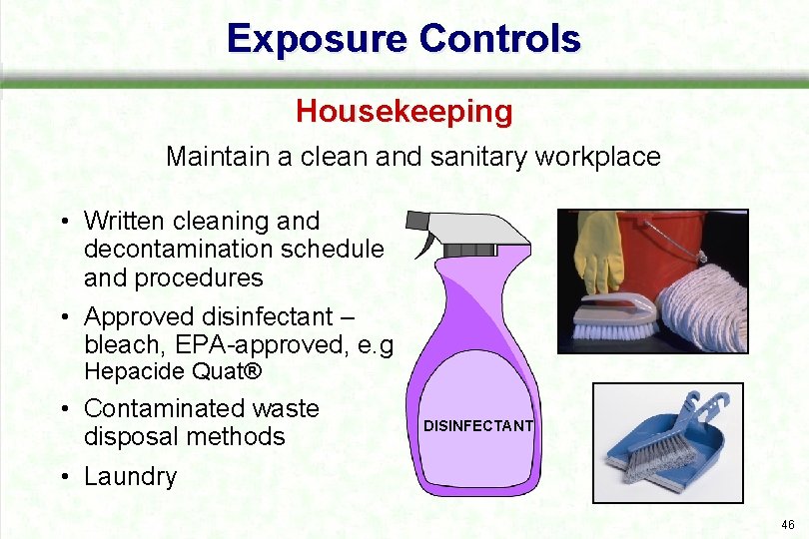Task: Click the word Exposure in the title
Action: [318, 38]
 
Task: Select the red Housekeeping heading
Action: [404, 111]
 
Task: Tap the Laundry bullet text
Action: [130, 476]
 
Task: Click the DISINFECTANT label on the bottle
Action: [478, 426]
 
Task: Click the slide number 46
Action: [787, 524]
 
